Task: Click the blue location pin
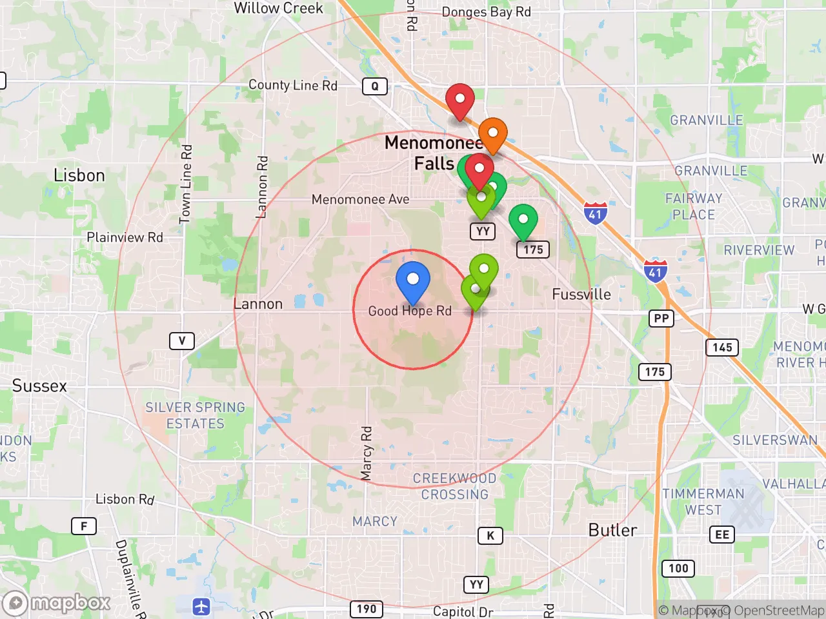coord(412,280)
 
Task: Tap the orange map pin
coord(492,133)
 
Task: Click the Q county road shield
coord(375,86)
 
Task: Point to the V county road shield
coord(182,340)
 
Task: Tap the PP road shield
coord(661,319)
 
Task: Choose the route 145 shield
coord(722,348)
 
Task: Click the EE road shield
coord(722,535)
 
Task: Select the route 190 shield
coord(367,609)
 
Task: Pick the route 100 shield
coord(678,568)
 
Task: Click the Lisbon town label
coord(79,175)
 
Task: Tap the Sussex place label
coord(39,386)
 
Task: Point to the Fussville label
coord(581,295)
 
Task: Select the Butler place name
coord(612,530)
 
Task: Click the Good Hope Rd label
coord(410,311)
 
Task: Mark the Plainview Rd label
coord(125,237)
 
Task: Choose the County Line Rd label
coord(293,85)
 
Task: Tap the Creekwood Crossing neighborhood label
coord(454,486)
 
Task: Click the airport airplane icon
coord(201,606)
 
